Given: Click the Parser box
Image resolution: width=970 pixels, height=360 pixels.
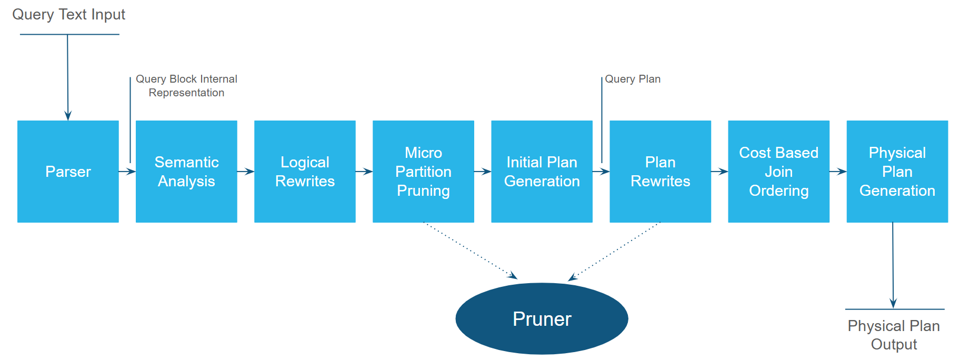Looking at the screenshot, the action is (68, 172).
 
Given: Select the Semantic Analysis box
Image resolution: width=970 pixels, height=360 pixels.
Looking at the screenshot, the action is (186, 172).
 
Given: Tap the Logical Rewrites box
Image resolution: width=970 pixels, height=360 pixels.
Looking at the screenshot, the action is (305, 172).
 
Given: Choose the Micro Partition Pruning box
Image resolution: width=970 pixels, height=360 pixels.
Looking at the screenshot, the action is (423, 172).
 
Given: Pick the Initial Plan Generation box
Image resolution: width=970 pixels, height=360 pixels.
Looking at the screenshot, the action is (542, 172).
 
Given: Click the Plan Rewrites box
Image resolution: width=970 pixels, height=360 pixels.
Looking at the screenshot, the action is (660, 172).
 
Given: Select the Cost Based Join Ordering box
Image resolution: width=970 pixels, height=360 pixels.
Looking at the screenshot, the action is (778, 172).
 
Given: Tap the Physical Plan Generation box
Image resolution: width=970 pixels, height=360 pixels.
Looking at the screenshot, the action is (897, 172).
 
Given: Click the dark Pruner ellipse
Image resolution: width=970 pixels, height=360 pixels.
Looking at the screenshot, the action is (542, 319).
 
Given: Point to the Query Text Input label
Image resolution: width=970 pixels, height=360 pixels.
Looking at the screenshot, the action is (69, 15).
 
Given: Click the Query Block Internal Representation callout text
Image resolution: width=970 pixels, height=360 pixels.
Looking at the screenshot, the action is (186, 86).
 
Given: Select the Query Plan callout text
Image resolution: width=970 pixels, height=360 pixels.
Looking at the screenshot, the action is (633, 79).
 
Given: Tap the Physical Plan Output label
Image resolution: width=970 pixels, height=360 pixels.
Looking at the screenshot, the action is (894, 335).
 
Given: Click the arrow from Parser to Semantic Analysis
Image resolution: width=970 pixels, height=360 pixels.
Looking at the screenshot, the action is (127, 171).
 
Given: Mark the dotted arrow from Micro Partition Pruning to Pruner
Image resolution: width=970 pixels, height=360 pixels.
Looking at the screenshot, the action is (471, 251).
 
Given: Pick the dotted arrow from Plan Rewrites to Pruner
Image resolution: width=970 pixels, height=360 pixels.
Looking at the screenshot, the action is (614, 252).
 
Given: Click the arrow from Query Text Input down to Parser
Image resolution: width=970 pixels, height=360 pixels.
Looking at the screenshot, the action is (67, 77).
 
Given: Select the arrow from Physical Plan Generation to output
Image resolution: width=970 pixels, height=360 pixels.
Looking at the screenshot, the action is (893, 265).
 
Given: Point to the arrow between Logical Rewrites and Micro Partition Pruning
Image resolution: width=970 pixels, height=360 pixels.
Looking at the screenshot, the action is (364, 171).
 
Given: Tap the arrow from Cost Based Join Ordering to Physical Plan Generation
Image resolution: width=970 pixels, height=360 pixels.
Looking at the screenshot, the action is (838, 171).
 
